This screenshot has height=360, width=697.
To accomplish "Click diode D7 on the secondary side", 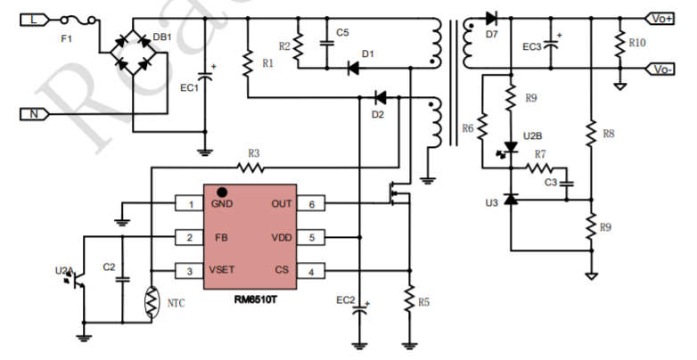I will point(490,17).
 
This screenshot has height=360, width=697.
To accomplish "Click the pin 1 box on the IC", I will point(189,204).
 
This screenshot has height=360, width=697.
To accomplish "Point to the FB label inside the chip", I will point(221,238).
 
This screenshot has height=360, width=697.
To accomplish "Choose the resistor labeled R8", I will point(590,134).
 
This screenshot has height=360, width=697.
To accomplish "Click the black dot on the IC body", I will point(222,191).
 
